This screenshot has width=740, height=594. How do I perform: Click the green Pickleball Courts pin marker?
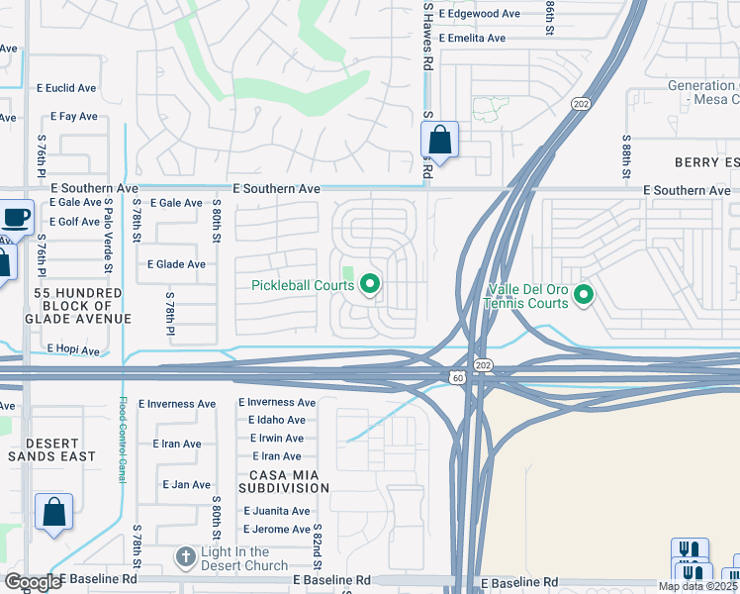(x=371, y=285)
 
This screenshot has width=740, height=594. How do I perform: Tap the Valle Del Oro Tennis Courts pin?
(x=584, y=294)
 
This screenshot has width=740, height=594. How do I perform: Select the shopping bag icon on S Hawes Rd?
(x=440, y=141)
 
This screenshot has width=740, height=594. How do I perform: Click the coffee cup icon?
(x=17, y=217)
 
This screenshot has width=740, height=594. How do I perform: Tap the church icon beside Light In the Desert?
(x=185, y=558)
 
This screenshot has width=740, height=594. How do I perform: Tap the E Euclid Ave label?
(x=66, y=88)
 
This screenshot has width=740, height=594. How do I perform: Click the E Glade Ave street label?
(x=176, y=264)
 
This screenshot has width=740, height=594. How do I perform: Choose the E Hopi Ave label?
(x=73, y=350)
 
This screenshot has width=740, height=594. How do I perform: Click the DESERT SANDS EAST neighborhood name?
(x=52, y=449)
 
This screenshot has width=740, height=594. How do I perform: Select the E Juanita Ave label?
(x=277, y=511)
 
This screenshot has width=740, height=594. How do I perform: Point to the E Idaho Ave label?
(x=276, y=421)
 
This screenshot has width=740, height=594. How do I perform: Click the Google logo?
(x=33, y=582)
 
